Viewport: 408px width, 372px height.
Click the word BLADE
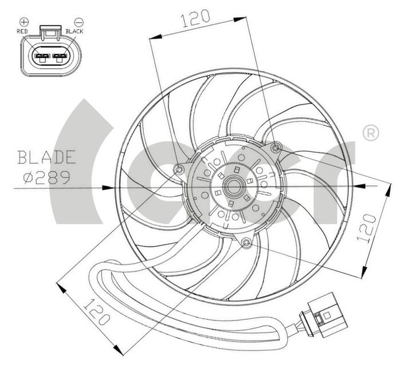pyautogui.click(x=46, y=156)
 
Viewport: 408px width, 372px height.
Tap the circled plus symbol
pyautogui.click(x=23, y=22)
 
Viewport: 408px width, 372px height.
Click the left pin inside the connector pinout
pyautogui.click(x=41, y=57)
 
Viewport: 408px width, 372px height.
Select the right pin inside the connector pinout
pyautogui.click(x=60, y=57)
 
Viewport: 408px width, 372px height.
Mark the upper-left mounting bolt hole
pyautogui.click(x=179, y=169)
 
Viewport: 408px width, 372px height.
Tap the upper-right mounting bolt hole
pyautogui.click(x=276, y=149)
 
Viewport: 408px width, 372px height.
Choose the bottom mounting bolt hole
pyautogui.click(x=246, y=244)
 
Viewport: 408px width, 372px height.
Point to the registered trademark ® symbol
pyautogui.click(x=370, y=133)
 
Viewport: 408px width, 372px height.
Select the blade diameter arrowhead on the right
pyautogui.click(x=359, y=186)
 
